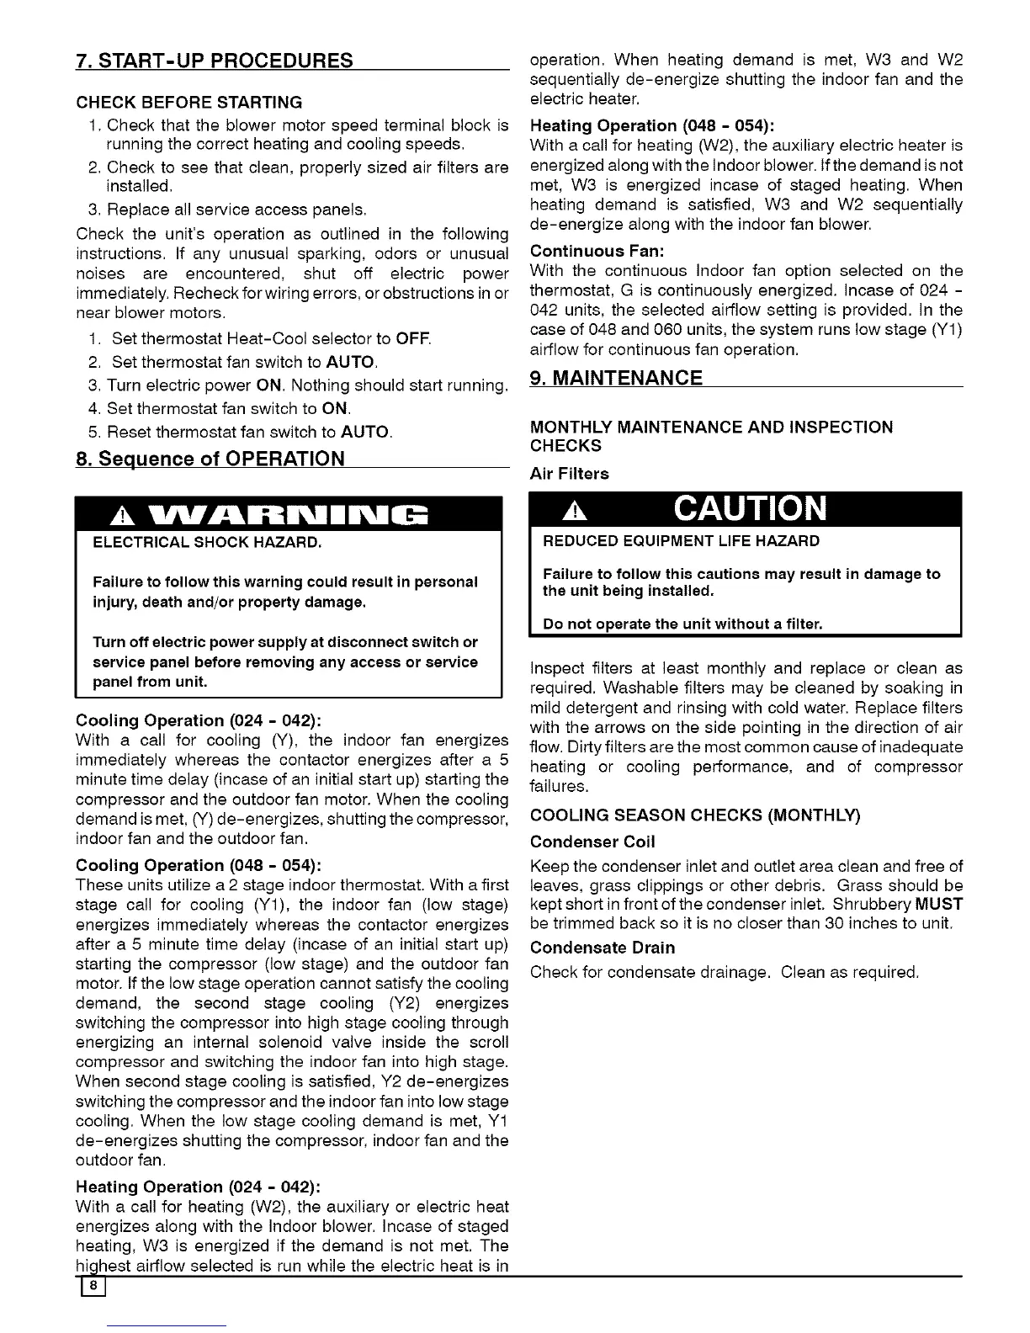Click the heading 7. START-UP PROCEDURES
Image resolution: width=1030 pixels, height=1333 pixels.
pos(214,61)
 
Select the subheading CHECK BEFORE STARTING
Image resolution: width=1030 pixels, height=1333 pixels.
pos(189,103)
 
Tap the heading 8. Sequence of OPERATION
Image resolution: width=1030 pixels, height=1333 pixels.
pos(210,459)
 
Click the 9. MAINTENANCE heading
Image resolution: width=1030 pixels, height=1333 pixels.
pos(617,378)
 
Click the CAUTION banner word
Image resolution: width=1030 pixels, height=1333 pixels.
pos(750,509)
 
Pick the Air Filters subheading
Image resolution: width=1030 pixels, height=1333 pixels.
pos(570,474)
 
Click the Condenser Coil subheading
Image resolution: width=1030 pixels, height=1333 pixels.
pos(592,842)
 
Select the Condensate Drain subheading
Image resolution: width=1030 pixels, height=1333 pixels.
pos(603,948)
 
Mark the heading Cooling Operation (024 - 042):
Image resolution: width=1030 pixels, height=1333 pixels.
pos(199,721)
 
